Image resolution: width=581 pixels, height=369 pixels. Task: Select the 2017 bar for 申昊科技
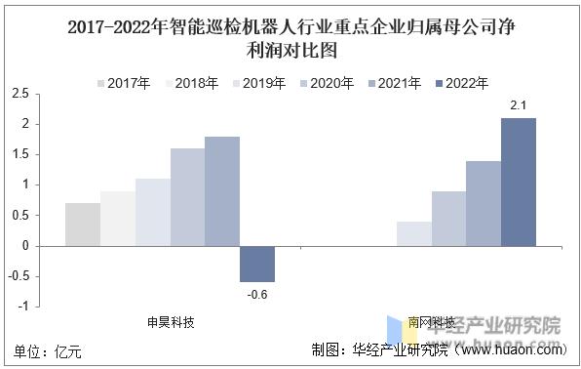[x=82, y=225]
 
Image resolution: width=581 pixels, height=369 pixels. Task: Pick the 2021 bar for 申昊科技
[x=222, y=191]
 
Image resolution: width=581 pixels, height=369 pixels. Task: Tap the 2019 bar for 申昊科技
[x=152, y=212]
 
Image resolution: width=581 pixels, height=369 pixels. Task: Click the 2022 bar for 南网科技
[x=519, y=182]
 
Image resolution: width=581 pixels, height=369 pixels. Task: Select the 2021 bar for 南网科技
[x=484, y=203]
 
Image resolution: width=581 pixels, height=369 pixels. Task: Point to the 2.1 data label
[x=519, y=104]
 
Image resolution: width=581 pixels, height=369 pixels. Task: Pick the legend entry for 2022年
[x=461, y=84]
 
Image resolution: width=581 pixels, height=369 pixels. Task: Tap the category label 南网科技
[x=431, y=322]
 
